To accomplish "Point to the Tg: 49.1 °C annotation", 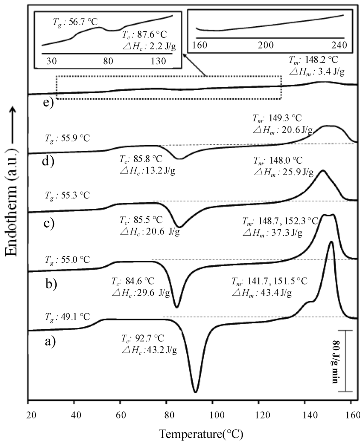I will tap(67, 317).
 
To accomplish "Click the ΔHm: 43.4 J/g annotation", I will tap(262, 293).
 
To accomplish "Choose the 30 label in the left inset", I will tap(51, 61).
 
